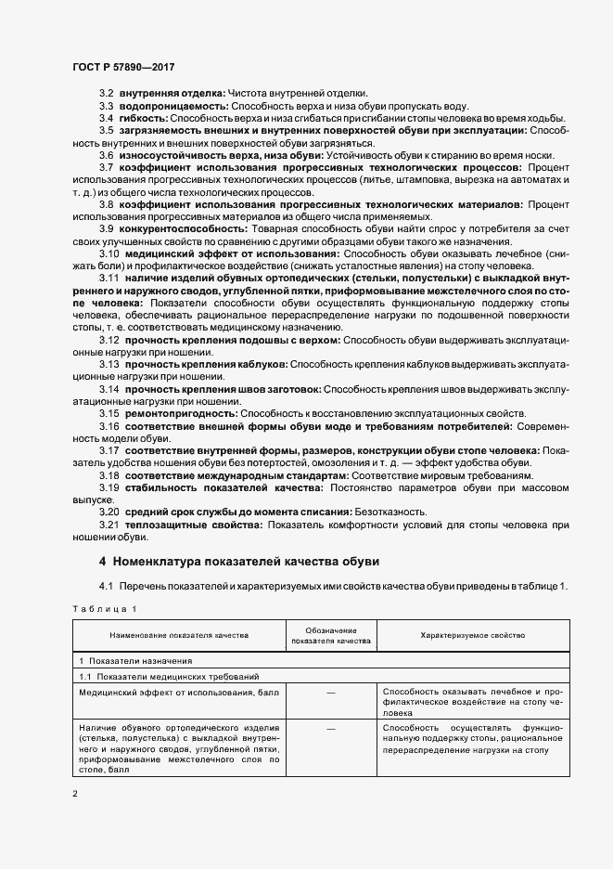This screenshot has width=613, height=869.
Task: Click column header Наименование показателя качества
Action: coord(179,635)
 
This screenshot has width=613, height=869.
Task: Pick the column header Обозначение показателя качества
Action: coord(330,635)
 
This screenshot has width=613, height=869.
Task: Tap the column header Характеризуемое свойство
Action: coord(472,635)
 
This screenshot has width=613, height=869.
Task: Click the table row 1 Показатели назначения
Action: coord(136,660)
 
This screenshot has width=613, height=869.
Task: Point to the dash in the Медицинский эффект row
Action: coord(330,693)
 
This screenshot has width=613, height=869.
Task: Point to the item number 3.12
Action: coord(109,340)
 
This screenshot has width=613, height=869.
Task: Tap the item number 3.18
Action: coord(109,474)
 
